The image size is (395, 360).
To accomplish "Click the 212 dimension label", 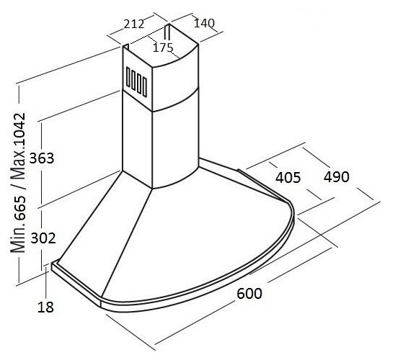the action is tap(134, 24).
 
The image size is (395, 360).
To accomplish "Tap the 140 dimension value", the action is tap(204, 23).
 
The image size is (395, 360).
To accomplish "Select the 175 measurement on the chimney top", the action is tap(163, 48).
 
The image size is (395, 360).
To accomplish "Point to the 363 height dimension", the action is tap(42, 158).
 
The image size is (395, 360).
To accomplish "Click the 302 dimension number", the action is tap(43, 238).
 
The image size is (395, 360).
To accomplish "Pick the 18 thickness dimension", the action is tap(45, 307).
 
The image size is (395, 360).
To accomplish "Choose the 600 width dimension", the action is tap(249, 293).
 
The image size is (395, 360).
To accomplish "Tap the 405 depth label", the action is tap(288, 177).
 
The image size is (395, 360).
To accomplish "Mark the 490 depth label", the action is tap(337, 176).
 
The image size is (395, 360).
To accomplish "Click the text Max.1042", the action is tap(18, 146).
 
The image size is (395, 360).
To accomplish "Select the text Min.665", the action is tap(18, 224).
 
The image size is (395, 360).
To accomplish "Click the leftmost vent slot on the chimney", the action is tap(128, 77).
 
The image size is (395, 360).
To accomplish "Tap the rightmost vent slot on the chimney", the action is tap(145, 86).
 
